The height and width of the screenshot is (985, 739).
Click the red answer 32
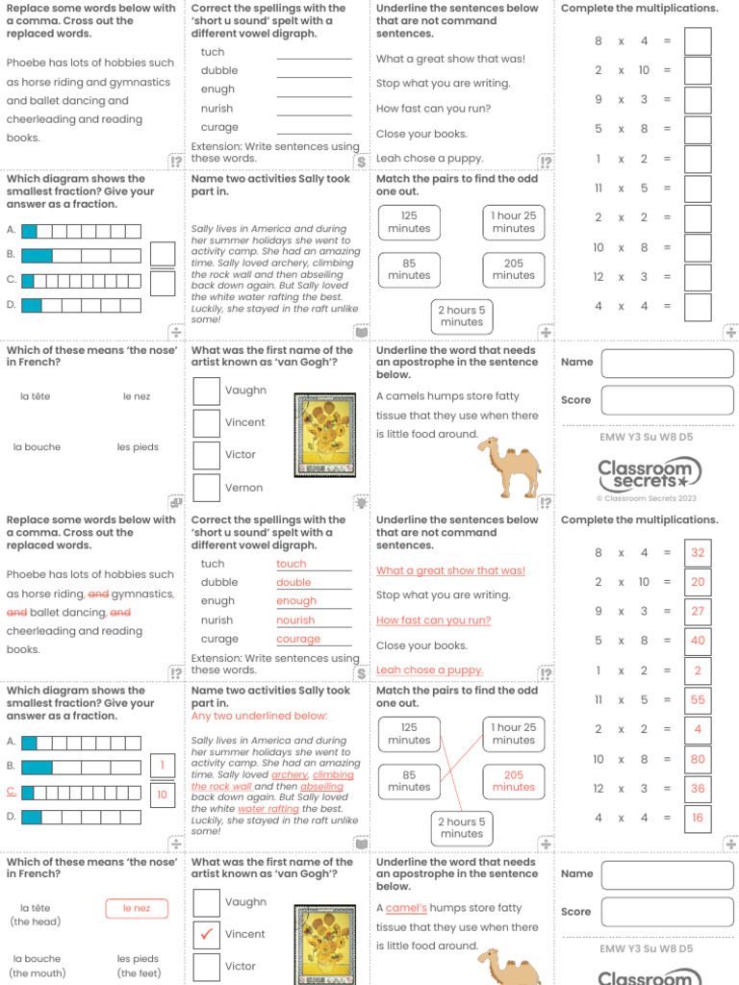698,553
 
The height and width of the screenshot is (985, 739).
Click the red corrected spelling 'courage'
298,639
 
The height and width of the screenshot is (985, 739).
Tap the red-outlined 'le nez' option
137,908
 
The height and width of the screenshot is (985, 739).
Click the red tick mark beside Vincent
206,934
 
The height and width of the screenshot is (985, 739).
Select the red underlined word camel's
406,908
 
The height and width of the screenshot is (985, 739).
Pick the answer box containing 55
698,700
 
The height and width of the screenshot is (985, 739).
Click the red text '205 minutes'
513,781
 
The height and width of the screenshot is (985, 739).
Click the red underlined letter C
12,791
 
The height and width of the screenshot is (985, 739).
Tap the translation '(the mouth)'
37,972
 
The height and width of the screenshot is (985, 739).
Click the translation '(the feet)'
139,972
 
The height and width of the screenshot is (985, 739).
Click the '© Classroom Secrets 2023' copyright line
646,498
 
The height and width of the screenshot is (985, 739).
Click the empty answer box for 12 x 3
698,277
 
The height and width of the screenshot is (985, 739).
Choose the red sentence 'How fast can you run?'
433,620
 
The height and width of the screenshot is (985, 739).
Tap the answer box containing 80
698,759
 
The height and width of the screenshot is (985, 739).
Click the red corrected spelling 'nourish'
295,620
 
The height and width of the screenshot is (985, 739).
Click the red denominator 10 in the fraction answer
163,795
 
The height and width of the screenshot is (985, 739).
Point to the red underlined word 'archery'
290,774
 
